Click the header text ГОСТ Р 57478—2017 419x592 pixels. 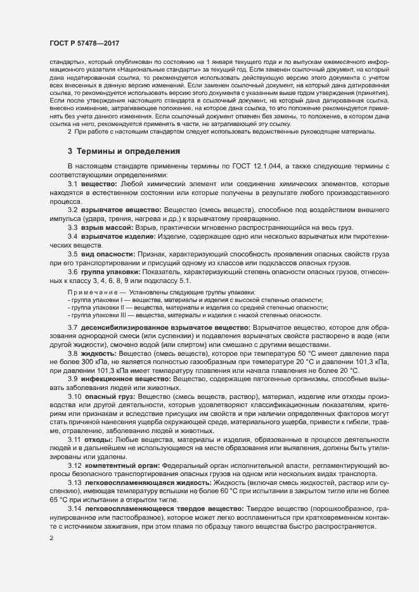[84, 42]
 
